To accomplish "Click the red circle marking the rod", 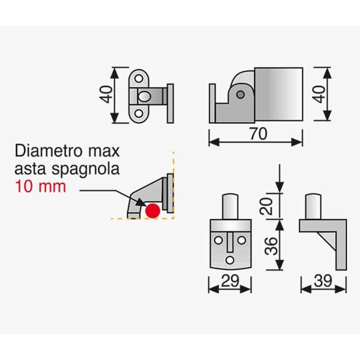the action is [x=153, y=211].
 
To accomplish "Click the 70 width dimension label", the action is [x=258, y=134].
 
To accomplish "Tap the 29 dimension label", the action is [x=230, y=280].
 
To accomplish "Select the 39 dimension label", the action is [x=323, y=280].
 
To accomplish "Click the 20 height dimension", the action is [x=267, y=206].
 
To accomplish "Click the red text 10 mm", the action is [x=40, y=186].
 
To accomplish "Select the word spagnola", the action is [x=85, y=169].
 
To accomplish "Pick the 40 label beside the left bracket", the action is [x=106, y=94].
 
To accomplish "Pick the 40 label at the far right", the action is [x=319, y=94].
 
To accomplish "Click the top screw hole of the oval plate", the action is [x=139, y=78].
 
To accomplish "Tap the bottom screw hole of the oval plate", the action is [x=139, y=113].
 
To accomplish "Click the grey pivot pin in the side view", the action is [x=240, y=94].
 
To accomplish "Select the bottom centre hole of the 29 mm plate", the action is [x=230, y=261].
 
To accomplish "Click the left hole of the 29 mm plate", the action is [x=218, y=240].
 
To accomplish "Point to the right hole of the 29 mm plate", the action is [x=241, y=240].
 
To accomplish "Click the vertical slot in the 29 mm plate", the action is [x=230, y=242].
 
